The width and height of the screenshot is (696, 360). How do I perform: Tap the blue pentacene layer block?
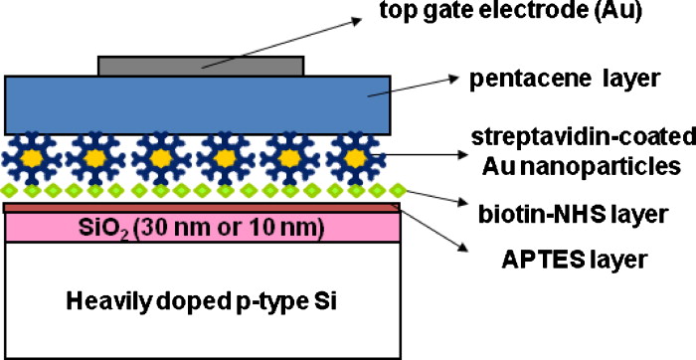click(x=99, y=104)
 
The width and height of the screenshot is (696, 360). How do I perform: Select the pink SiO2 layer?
click(x=60, y=228)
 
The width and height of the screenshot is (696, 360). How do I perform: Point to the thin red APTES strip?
click(x=199, y=206)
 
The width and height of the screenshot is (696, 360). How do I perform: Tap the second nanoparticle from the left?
click(x=95, y=157)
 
